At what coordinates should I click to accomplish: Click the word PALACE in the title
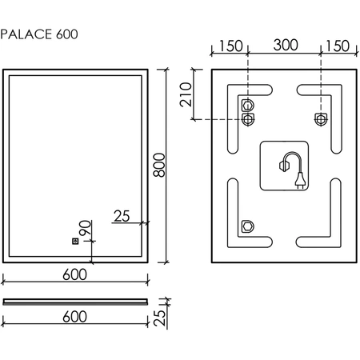click(x=26, y=34)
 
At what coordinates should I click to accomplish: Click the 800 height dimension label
click(x=159, y=165)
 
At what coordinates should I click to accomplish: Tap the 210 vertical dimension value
click(x=186, y=94)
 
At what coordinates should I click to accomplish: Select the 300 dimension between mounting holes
click(x=286, y=45)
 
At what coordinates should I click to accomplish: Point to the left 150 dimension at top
click(x=231, y=46)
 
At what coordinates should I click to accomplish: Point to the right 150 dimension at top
click(x=338, y=46)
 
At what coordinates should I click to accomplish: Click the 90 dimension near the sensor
click(x=86, y=227)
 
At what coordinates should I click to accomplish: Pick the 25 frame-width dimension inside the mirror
click(x=122, y=216)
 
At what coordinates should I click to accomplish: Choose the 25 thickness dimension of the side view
click(x=160, y=318)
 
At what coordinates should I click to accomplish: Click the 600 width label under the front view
click(x=74, y=274)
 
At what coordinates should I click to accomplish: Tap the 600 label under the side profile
click(x=74, y=317)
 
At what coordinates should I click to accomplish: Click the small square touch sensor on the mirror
click(x=75, y=242)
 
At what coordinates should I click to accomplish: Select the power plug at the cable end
click(x=300, y=180)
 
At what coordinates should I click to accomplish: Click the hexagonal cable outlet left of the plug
click(x=282, y=166)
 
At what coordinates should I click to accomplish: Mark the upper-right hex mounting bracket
click(x=321, y=119)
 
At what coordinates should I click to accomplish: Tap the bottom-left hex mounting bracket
click(x=248, y=226)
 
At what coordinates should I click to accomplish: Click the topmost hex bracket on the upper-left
click(x=248, y=106)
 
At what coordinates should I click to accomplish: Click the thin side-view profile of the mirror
click(x=75, y=302)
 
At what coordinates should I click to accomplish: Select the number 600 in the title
click(x=67, y=34)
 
